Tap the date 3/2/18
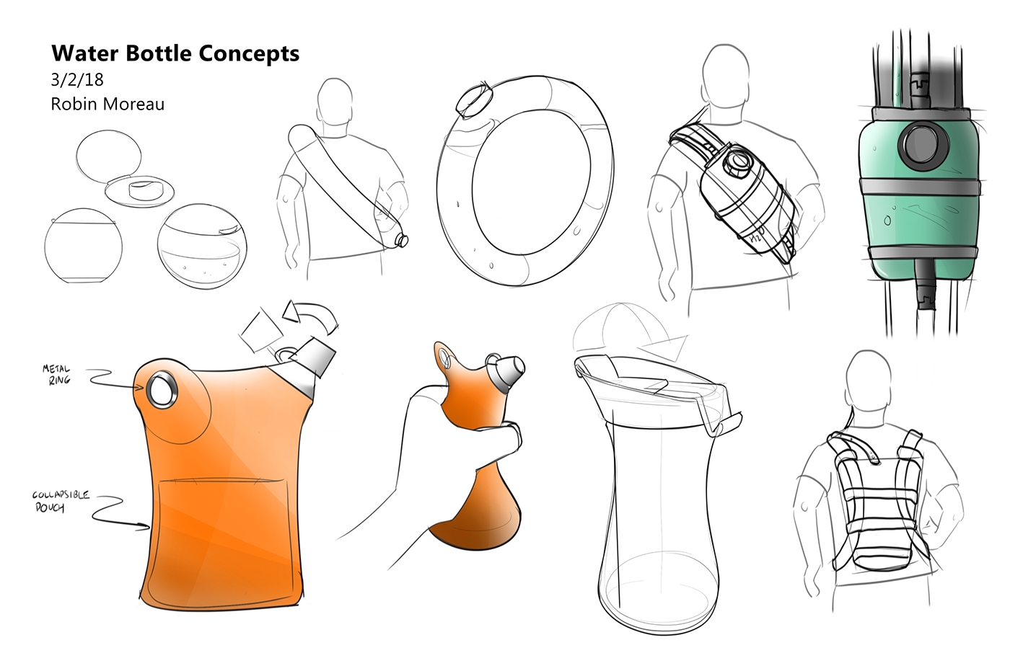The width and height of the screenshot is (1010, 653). pyautogui.click(x=77, y=79)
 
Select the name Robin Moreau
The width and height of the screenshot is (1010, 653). pyautogui.click(x=107, y=105)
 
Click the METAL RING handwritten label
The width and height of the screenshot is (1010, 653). pyautogui.click(x=56, y=374)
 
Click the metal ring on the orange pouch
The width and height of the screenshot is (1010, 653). pyautogui.click(x=160, y=390)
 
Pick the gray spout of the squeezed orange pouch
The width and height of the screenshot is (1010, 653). pyautogui.click(x=509, y=370)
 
